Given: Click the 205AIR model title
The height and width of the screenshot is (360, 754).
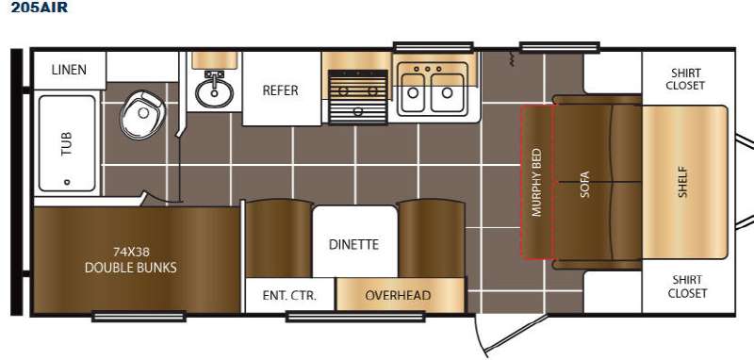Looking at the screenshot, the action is (x=40, y=8).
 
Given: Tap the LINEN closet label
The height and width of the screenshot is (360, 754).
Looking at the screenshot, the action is (x=69, y=70).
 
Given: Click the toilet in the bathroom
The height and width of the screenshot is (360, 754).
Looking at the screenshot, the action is (x=142, y=114).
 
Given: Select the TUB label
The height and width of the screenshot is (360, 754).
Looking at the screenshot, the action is (x=67, y=143).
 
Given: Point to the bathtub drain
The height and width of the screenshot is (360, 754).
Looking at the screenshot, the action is (x=67, y=182).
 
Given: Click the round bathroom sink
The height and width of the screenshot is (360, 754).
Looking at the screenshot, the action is (x=214, y=91).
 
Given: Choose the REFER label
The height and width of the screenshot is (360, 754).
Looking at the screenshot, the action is (x=280, y=90).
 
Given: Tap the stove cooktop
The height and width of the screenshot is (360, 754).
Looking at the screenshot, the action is (x=358, y=96).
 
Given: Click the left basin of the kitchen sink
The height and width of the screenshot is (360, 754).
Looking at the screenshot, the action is (x=413, y=92).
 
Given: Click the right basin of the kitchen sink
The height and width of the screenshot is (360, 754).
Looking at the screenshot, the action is (x=448, y=92).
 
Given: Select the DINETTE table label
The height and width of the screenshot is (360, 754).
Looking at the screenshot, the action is (x=354, y=245).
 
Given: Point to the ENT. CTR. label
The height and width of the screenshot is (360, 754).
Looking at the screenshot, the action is (x=289, y=295).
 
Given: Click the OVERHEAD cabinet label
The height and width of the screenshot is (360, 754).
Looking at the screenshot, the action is (x=398, y=295).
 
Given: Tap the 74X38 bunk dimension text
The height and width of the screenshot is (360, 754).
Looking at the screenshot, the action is (x=131, y=252).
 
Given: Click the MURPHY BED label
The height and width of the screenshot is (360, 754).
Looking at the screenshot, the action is (x=537, y=183).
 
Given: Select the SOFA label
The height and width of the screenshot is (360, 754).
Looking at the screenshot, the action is (x=584, y=185).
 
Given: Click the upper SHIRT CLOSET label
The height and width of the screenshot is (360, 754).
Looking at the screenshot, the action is (x=686, y=79).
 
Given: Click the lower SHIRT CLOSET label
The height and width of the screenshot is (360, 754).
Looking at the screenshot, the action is (x=687, y=286).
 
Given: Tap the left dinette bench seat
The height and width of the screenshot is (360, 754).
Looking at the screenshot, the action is (x=278, y=238).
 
